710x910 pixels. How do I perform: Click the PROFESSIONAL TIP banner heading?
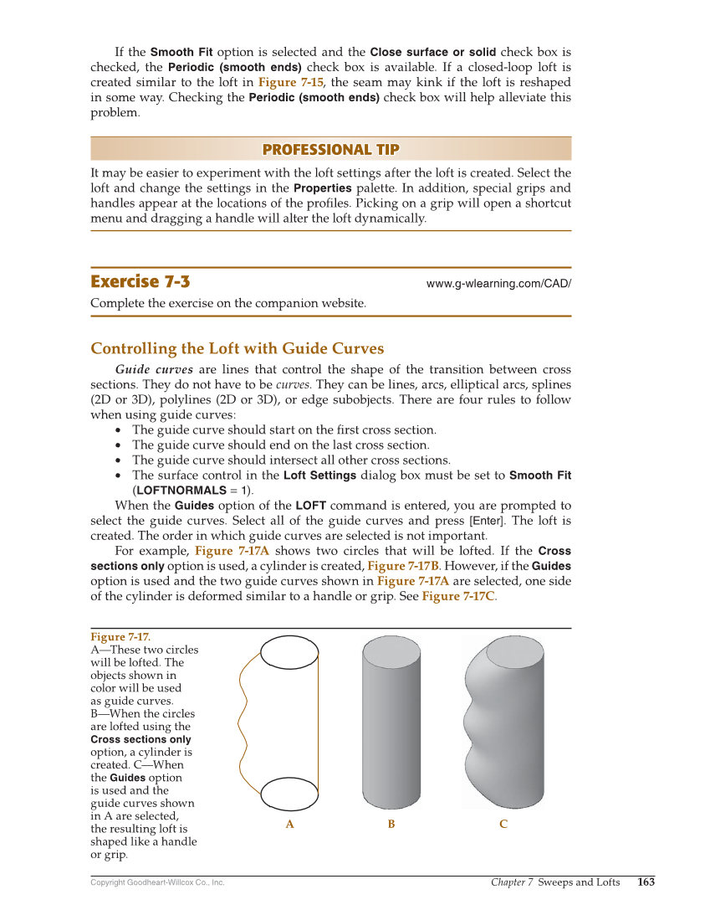[330, 150]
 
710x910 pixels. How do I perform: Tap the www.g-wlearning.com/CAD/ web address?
[498, 284]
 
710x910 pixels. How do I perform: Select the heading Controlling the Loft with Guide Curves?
[237, 348]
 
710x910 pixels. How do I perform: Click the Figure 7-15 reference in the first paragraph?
[289, 82]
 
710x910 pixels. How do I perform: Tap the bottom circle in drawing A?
[290, 791]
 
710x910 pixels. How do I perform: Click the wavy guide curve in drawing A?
[245, 720]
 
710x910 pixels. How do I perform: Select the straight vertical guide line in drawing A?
[319, 720]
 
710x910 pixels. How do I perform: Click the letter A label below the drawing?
[289, 825]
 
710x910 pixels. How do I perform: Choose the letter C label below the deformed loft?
[503, 825]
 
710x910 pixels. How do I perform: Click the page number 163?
[646, 882]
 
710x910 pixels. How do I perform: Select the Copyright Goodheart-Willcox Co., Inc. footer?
[157, 882]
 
